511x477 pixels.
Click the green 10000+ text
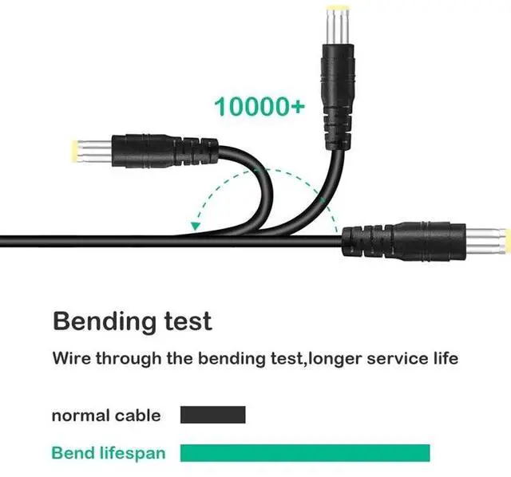click(259, 106)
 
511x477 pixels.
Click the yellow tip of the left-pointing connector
click(74, 149)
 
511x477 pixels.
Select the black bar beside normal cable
click(212, 415)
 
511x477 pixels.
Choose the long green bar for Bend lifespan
click(305, 453)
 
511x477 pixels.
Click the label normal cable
click(105, 416)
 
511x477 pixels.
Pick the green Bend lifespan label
click(109, 453)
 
